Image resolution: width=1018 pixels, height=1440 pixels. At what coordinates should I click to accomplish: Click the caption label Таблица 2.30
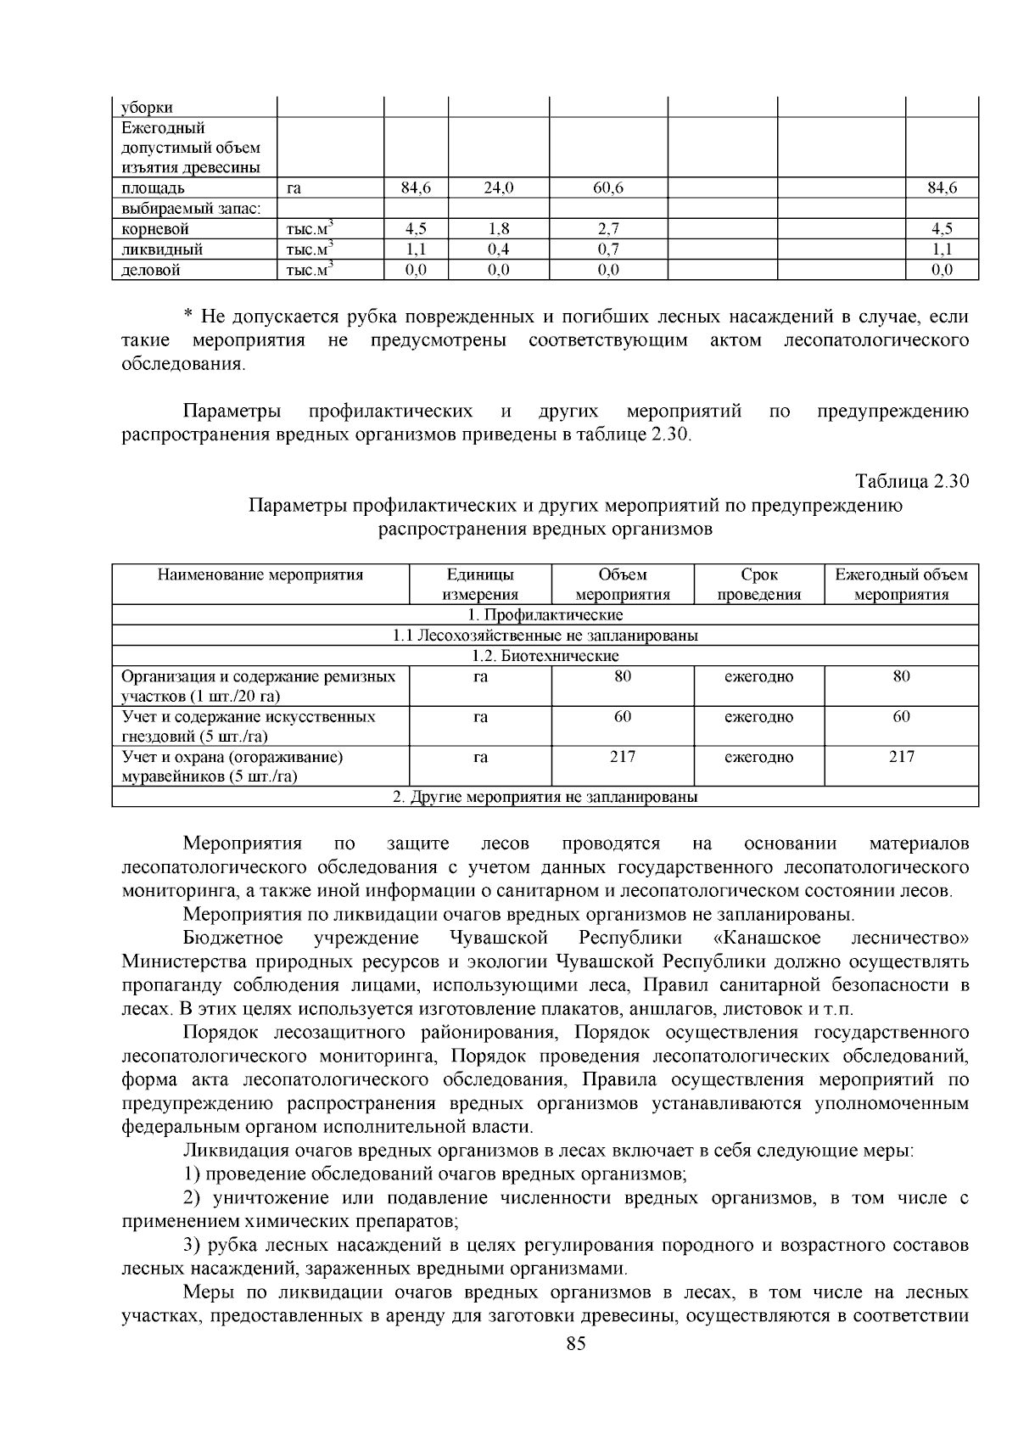[x=911, y=481]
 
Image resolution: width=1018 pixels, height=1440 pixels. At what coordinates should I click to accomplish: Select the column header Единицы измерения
[x=480, y=585]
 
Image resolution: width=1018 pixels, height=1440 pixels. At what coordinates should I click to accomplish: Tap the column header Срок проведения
[x=759, y=585]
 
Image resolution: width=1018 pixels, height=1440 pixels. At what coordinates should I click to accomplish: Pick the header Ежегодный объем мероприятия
[x=901, y=585]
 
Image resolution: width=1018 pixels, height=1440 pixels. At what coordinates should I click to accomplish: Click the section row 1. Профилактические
[x=545, y=614]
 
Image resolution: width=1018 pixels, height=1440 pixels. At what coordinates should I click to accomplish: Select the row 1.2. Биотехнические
[x=545, y=656]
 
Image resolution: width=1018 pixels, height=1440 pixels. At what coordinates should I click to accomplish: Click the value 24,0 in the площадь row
[x=499, y=188]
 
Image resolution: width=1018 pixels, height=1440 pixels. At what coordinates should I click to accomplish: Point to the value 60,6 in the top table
[x=608, y=188]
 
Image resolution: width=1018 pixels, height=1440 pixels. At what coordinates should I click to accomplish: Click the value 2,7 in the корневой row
[x=608, y=229]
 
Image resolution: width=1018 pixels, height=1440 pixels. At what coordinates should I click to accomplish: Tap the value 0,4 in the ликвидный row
[x=499, y=249]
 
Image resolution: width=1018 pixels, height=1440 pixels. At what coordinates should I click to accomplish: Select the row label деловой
[x=151, y=270]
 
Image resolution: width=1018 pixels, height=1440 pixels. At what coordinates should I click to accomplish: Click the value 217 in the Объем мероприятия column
[x=623, y=757]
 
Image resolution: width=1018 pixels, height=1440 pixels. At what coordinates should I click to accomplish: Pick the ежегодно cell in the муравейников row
[x=759, y=757]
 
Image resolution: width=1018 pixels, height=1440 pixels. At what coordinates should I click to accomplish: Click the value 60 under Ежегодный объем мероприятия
[x=901, y=717]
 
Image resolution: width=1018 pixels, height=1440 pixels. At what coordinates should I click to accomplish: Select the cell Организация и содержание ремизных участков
[x=259, y=686]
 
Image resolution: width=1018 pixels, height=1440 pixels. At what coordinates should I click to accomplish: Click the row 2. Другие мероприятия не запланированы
[x=545, y=798]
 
